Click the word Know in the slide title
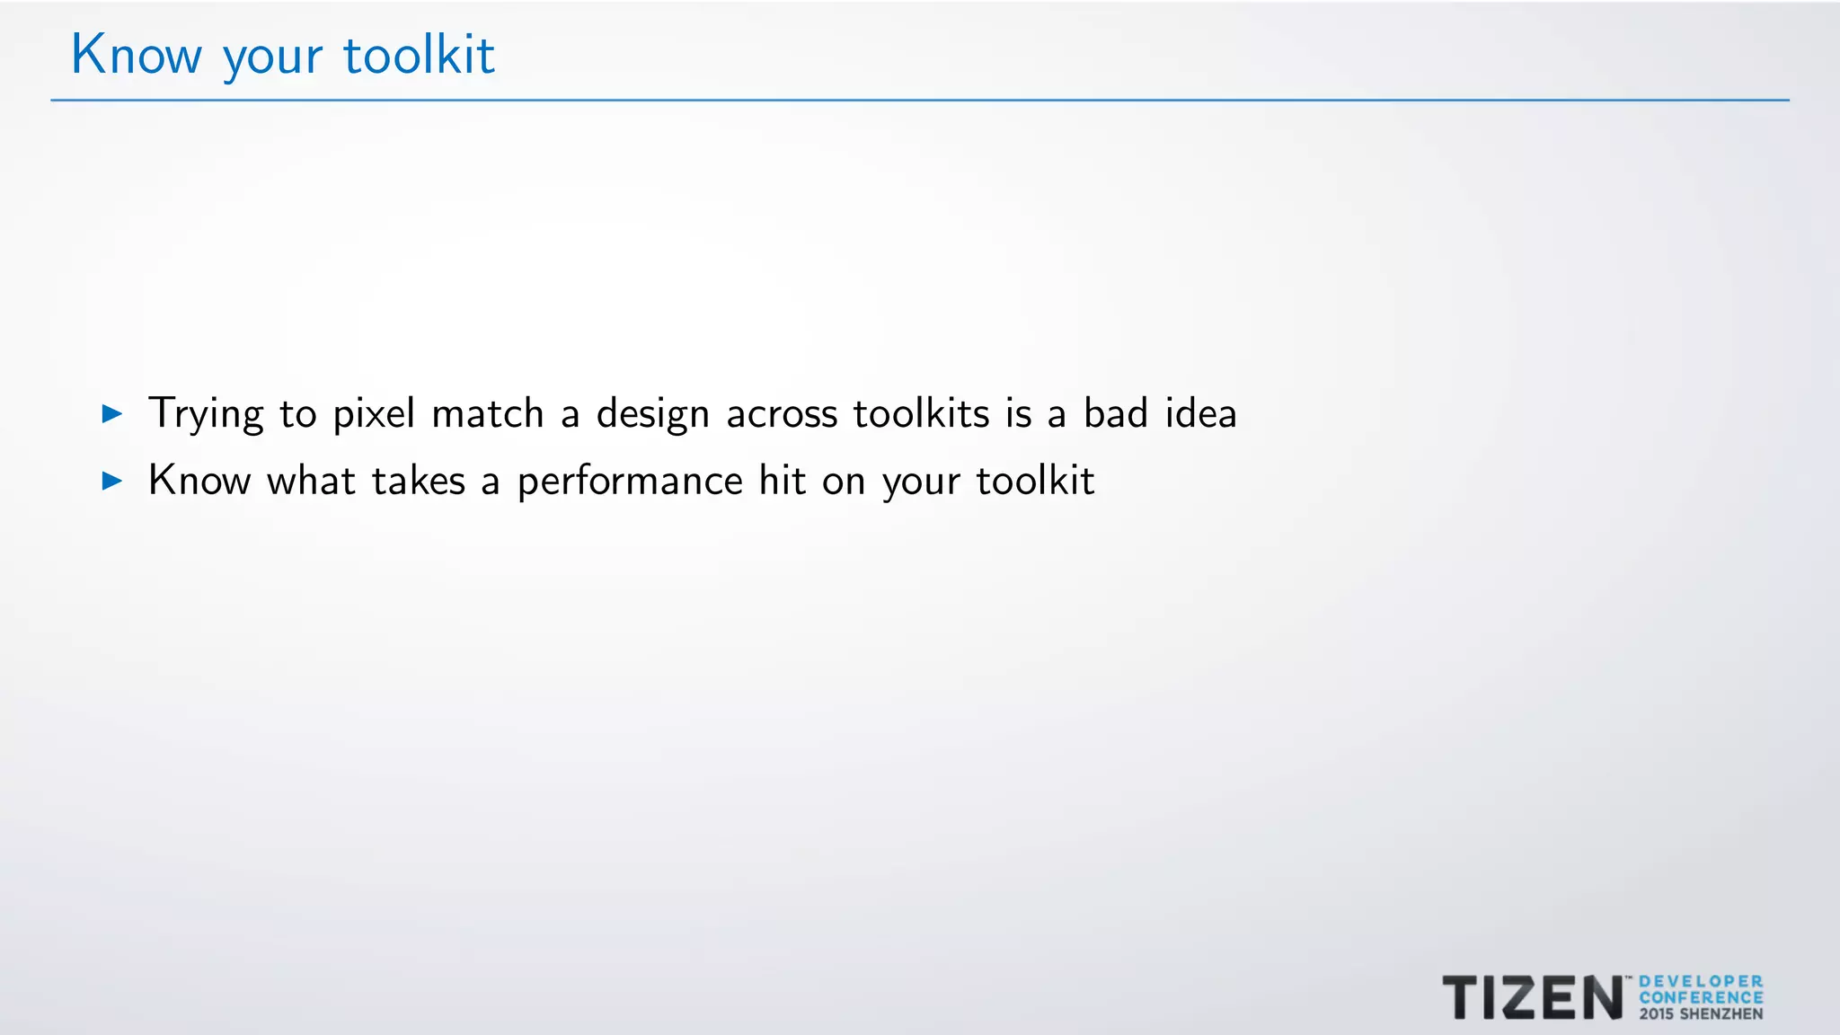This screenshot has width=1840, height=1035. click(x=137, y=55)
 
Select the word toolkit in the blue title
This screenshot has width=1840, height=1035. click(x=419, y=55)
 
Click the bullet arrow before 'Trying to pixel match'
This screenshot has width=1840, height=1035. click(x=112, y=413)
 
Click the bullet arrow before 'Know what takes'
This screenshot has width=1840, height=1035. click(x=112, y=481)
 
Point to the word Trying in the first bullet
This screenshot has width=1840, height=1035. click(x=206, y=415)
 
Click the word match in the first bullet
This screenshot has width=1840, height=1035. click(x=488, y=413)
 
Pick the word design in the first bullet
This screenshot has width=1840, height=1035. click(x=653, y=415)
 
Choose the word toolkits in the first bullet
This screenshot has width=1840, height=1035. click(x=921, y=413)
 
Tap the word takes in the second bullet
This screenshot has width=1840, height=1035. click(x=419, y=481)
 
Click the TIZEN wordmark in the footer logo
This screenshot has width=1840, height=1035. click(x=1532, y=997)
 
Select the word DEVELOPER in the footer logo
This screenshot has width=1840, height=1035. click(x=1701, y=982)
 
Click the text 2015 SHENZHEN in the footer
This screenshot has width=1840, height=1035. click(x=1701, y=1014)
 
